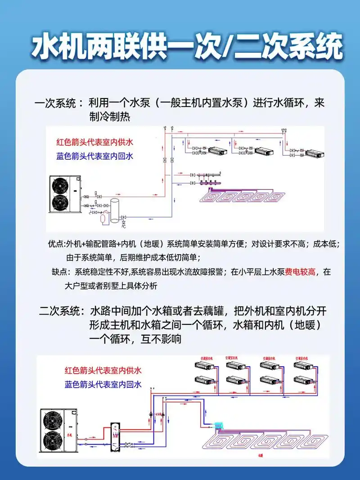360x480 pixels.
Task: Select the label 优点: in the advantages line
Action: pyautogui.click(x=57, y=244)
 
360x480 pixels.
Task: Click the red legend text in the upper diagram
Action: pyautogui.click(x=95, y=142)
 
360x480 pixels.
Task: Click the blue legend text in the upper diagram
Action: pyautogui.click(x=95, y=156)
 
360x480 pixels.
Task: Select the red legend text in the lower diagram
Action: pyautogui.click(x=103, y=371)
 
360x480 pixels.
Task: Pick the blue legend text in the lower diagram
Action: pyautogui.click(x=103, y=385)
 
